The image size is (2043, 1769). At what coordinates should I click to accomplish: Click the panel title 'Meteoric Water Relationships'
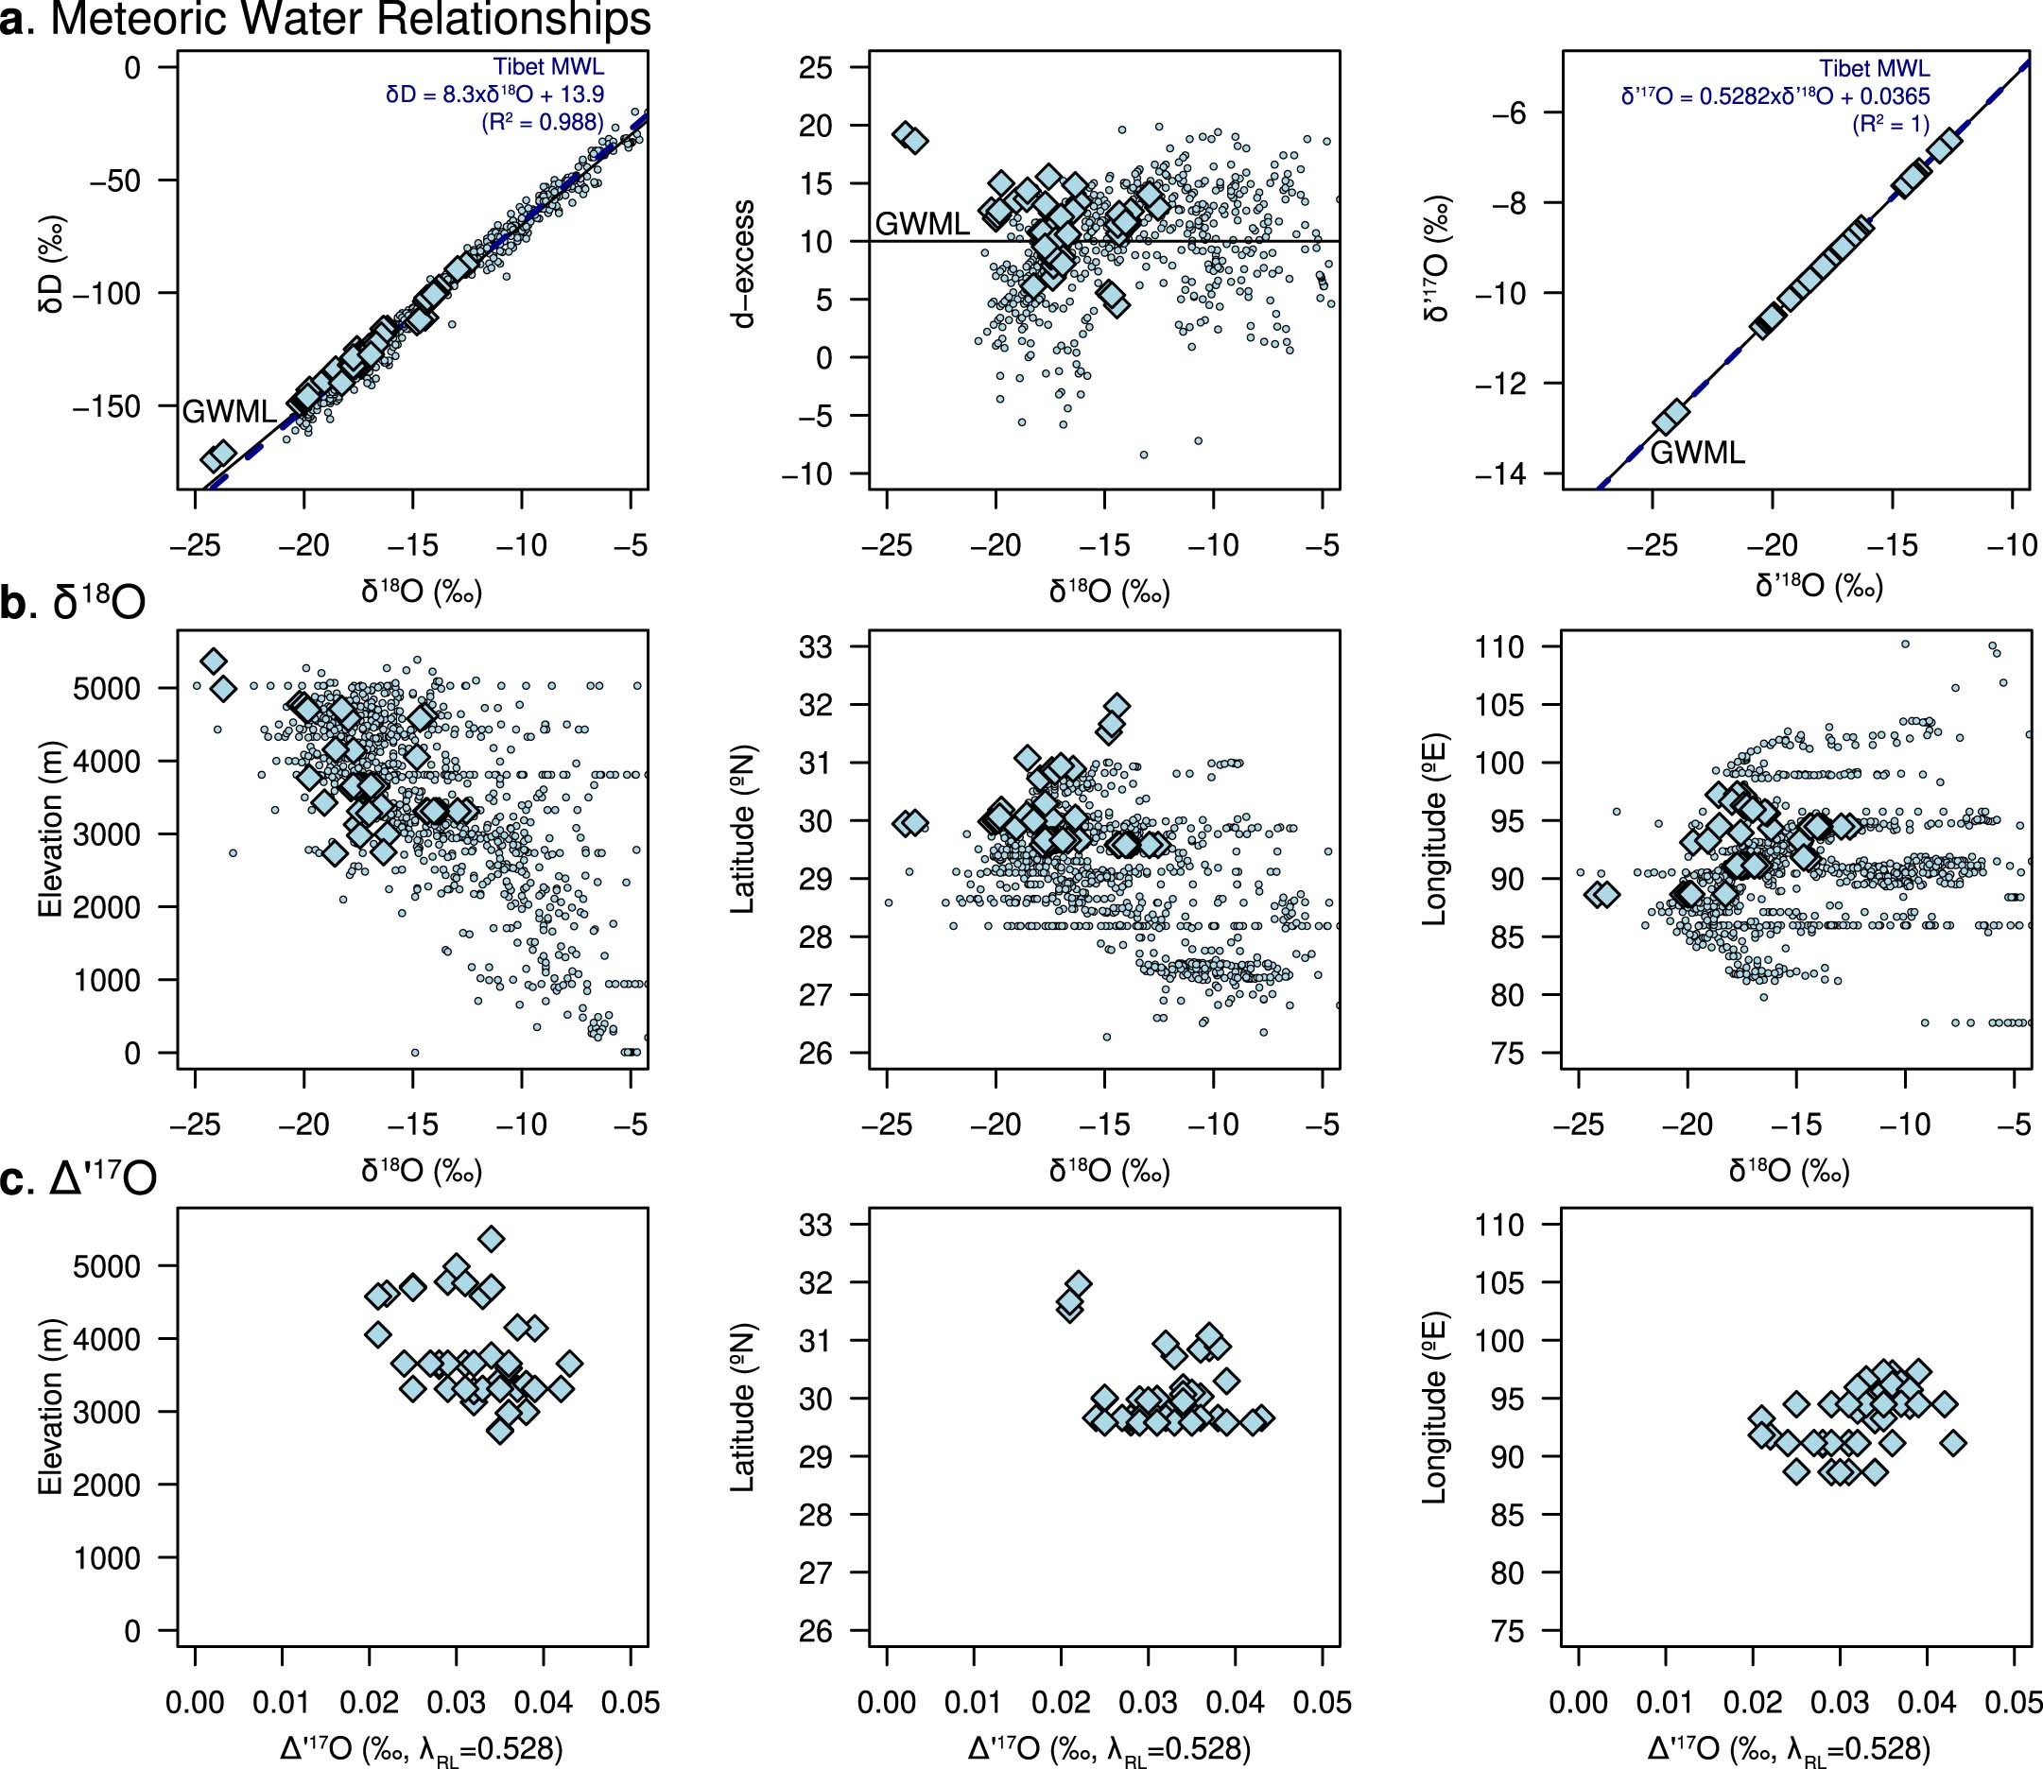(351, 20)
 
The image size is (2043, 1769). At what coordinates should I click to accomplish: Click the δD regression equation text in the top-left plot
(494, 94)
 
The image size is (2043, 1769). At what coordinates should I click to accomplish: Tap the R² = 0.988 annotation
(542, 123)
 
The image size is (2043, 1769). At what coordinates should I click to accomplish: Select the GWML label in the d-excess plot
(923, 224)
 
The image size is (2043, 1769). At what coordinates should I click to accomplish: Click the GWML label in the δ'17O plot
(1697, 452)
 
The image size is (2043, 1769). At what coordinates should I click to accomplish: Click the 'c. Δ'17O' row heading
(79, 1181)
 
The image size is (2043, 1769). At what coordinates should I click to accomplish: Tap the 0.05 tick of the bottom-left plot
(630, 1702)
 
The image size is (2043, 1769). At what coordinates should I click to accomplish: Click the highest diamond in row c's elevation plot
(491, 1238)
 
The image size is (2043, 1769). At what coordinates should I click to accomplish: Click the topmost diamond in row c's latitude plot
(1079, 1283)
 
